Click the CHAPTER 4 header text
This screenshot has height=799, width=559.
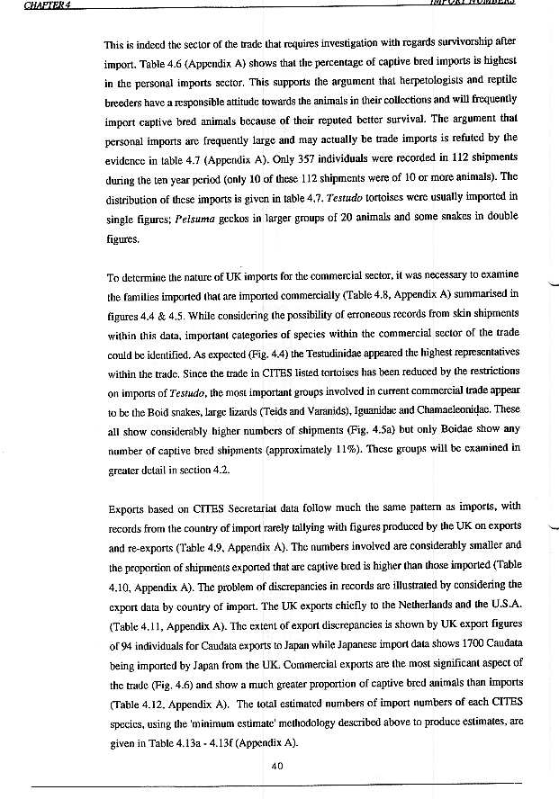28,4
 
